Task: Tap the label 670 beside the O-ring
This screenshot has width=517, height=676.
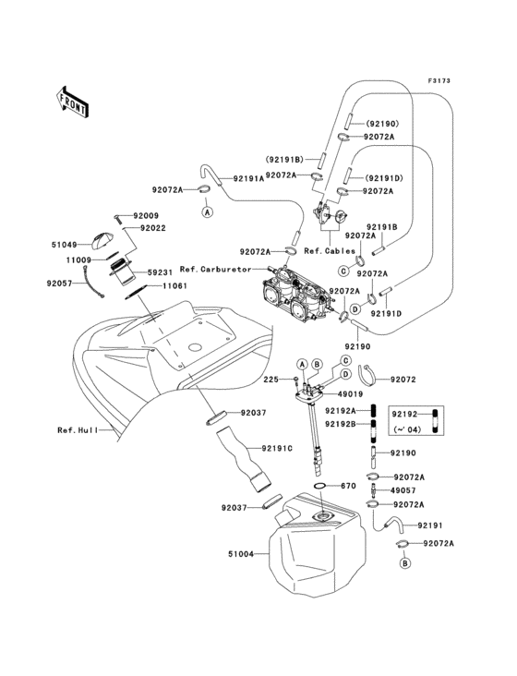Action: tap(348, 486)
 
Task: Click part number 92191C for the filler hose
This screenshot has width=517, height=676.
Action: tap(277, 448)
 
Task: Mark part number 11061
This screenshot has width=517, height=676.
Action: tap(176, 287)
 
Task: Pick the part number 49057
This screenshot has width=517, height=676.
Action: tap(404, 491)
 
